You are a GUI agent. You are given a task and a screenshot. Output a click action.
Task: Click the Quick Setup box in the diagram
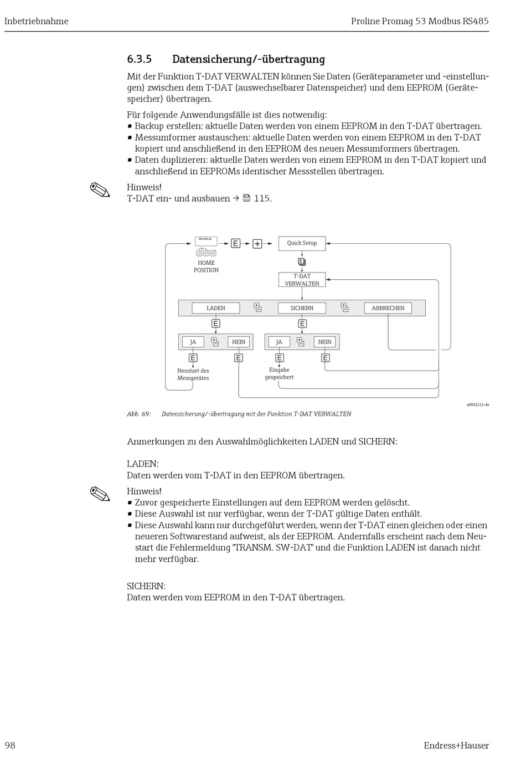pyautogui.click(x=302, y=243)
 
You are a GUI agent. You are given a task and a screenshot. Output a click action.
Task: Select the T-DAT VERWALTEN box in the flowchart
pyautogui.click(x=302, y=280)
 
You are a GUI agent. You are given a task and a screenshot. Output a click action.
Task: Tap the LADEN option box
pyautogui.click(x=216, y=308)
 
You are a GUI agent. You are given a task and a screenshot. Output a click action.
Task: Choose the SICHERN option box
pyautogui.click(x=302, y=308)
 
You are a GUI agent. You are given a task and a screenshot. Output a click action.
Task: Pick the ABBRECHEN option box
pyautogui.click(x=388, y=308)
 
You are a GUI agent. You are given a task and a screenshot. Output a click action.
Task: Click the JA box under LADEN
pyautogui.click(x=193, y=342)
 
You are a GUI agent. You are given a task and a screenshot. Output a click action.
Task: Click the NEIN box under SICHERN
pyautogui.click(x=325, y=342)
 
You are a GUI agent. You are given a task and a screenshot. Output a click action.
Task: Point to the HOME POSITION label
pyautogui.click(x=206, y=266)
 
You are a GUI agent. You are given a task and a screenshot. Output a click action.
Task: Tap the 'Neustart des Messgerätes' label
pyautogui.click(x=193, y=375)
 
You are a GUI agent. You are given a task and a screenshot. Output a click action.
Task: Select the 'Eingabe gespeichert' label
pyautogui.click(x=279, y=373)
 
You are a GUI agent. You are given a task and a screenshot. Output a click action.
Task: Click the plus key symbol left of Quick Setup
pyautogui.click(x=257, y=244)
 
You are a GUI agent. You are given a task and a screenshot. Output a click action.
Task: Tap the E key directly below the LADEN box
pyautogui.click(x=216, y=324)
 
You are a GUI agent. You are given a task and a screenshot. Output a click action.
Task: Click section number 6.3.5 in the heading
pyautogui.click(x=140, y=59)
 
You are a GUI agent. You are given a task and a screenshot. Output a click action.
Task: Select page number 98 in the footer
pyautogui.click(x=10, y=745)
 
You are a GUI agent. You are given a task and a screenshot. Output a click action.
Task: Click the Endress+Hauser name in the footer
pyautogui.click(x=456, y=745)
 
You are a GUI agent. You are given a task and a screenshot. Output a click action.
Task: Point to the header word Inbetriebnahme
pyautogui.click(x=37, y=21)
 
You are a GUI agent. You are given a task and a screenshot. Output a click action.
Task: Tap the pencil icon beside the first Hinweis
pyautogui.click(x=100, y=190)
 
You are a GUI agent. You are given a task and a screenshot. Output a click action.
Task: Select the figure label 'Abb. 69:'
pyautogui.click(x=139, y=414)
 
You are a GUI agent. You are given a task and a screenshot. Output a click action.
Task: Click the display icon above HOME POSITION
pyautogui.click(x=206, y=241)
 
